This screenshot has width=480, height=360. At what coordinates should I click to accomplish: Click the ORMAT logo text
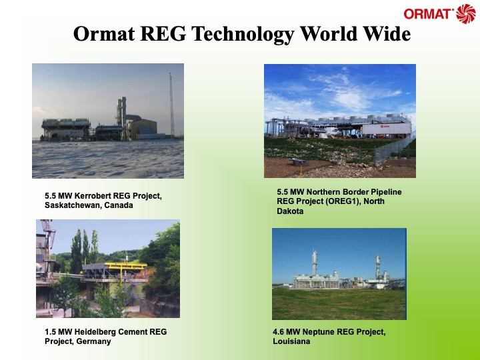pyautogui.click(x=428, y=13)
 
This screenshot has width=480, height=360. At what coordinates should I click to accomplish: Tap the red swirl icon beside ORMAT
pyautogui.click(x=466, y=13)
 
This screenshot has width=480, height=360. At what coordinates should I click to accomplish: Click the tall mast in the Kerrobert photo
pyautogui.click(x=171, y=100)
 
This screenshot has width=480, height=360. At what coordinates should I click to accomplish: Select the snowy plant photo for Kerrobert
pyautogui.click(x=108, y=121)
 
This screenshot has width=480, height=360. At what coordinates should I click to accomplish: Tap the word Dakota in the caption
pyautogui.click(x=291, y=211)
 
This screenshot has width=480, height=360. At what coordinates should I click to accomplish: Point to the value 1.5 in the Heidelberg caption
pyautogui.click(x=43, y=332)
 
